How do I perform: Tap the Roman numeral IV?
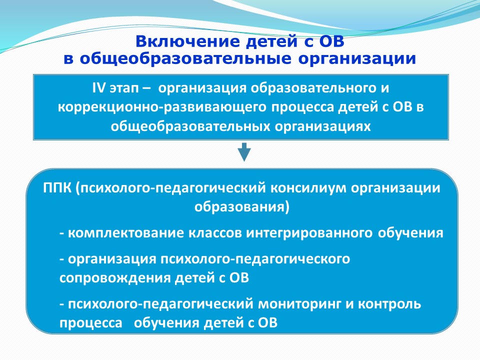pos(99,88)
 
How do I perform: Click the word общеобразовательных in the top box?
pos(190,126)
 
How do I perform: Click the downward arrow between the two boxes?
pos(244,152)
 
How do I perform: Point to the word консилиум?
pos(308,188)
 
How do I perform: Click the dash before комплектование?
pos(62,234)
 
